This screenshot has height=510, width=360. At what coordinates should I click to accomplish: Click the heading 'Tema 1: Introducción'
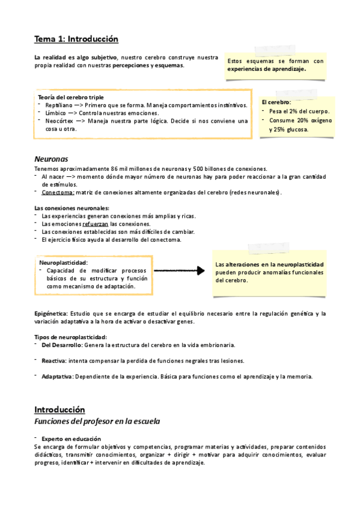click(x=76, y=39)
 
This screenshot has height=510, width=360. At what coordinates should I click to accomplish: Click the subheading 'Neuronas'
click(x=50, y=159)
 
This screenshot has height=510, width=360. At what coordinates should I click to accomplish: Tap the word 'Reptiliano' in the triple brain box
click(x=58, y=105)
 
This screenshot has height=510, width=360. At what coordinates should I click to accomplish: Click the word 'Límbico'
click(x=55, y=113)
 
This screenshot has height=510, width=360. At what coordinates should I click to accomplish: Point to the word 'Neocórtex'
click(x=59, y=121)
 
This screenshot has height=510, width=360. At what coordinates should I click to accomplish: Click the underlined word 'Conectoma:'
click(x=58, y=192)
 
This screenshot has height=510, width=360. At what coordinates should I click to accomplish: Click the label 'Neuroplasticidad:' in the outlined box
click(x=64, y=263)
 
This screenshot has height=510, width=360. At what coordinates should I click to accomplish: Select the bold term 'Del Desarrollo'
click(x=62, y=345)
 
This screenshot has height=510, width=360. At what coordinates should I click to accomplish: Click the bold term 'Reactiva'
click(x=53, y=361)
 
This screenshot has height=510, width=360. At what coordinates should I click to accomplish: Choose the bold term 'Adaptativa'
click(x=57, y=376)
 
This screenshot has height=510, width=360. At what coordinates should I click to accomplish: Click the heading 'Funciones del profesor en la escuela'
click(x=97, y=422)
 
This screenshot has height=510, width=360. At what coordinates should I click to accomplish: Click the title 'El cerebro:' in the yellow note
click(x=276, y=103)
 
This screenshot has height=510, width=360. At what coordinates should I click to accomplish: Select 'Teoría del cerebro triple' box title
click(x=71, y=97)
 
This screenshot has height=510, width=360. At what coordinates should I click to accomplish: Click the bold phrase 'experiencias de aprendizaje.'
click(x=267, y=69)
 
